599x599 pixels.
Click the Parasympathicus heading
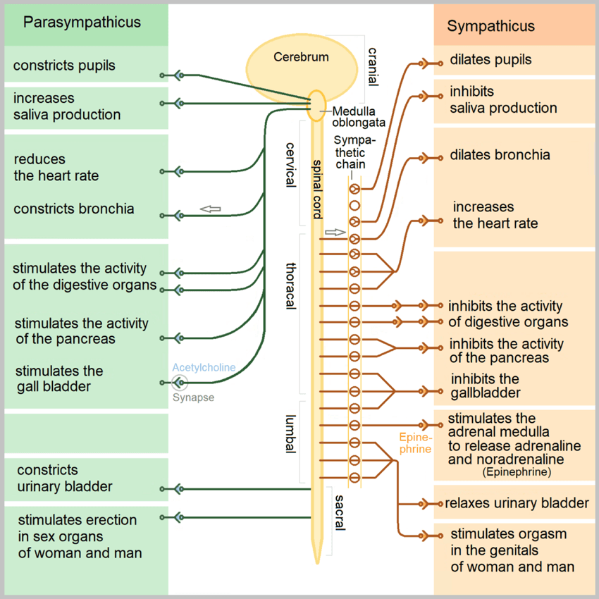point(82,23)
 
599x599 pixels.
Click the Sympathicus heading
point(490,26)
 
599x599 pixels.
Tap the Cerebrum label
point(301,57)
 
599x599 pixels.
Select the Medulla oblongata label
point(358,117)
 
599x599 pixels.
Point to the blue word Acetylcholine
point(204,367)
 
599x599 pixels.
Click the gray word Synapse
point(193,397)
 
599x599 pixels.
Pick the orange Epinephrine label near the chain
point(415,443)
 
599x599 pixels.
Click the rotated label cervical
point(291,165)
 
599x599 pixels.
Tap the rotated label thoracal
point(291,285)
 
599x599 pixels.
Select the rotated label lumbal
point(291,434)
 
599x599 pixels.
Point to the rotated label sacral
point(340,512)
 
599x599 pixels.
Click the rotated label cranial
point(373,67)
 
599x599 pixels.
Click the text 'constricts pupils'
point(64,66)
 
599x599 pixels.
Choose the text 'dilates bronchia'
point(500,155)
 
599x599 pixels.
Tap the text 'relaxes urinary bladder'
point(517,503)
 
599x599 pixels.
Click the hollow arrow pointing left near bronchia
point(211,209)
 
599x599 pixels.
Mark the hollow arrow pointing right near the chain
point(335,233)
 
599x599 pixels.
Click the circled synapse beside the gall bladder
point(179,383)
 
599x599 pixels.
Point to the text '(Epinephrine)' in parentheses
point(517,472)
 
